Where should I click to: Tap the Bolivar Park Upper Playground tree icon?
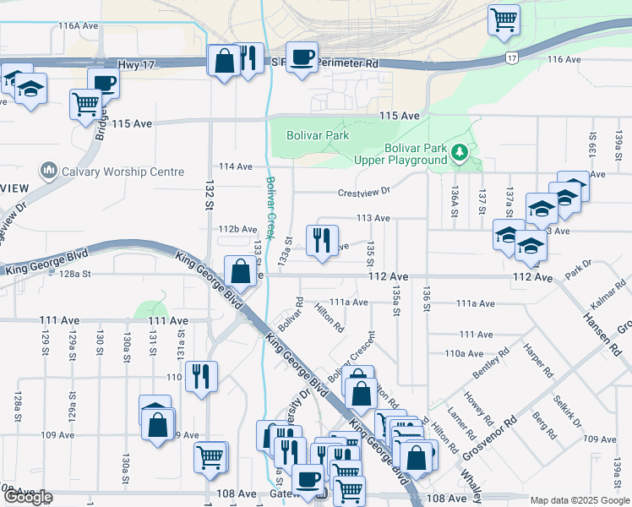click(460, 153)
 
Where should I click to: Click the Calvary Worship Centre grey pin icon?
click(47, 171)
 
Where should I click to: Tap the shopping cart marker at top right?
click(504, 19)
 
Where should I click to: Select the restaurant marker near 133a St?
click(322, 240)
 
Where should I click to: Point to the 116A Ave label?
click(79, 26)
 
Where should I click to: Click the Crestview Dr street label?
click(365, 191)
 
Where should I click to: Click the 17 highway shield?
click(513, 57)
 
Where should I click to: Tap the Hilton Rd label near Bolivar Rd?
click(330, 318)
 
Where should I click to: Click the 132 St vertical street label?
click(208, 194)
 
